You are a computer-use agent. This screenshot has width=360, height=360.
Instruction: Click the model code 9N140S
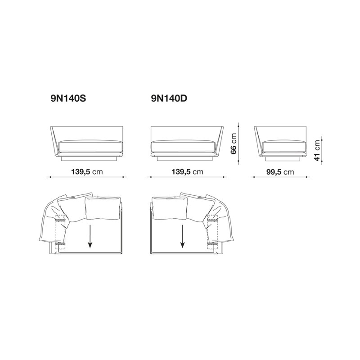coord(68,99)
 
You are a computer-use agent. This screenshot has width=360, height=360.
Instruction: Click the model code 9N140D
coord(169,99)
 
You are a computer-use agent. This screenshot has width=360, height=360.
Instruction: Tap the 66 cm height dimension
coord(233,144)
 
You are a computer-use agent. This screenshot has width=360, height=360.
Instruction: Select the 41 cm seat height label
coord(317,151)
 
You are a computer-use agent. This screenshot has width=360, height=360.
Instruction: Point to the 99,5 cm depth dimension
coord(280,172)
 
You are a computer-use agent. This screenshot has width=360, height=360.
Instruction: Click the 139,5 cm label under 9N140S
coord(87,171)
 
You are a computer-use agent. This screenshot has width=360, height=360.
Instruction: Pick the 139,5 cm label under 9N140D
coord(188,171)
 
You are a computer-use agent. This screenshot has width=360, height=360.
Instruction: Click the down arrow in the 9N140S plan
coord(90,236)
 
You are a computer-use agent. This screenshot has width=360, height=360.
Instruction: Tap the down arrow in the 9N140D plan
coord(182,236)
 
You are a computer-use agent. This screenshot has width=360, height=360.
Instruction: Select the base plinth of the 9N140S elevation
coord(89,159)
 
